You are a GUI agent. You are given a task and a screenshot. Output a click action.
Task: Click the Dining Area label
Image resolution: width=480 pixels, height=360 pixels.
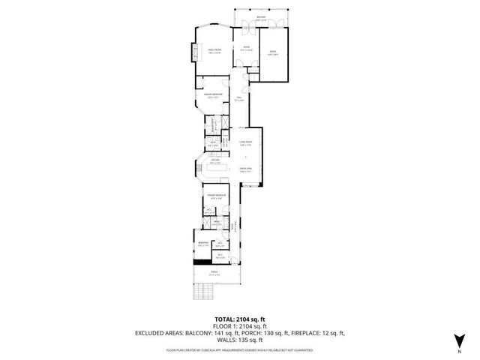(245, 170)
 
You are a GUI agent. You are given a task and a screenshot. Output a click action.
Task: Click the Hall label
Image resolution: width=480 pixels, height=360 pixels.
(239, 98)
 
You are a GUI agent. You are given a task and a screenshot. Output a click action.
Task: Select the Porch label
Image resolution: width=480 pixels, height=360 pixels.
(215, 274)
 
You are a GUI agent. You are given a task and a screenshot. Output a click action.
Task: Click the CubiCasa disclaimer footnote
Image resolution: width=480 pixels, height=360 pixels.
(239, 349)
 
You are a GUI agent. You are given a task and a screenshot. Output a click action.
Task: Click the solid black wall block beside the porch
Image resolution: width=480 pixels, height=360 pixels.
(200, 262)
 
